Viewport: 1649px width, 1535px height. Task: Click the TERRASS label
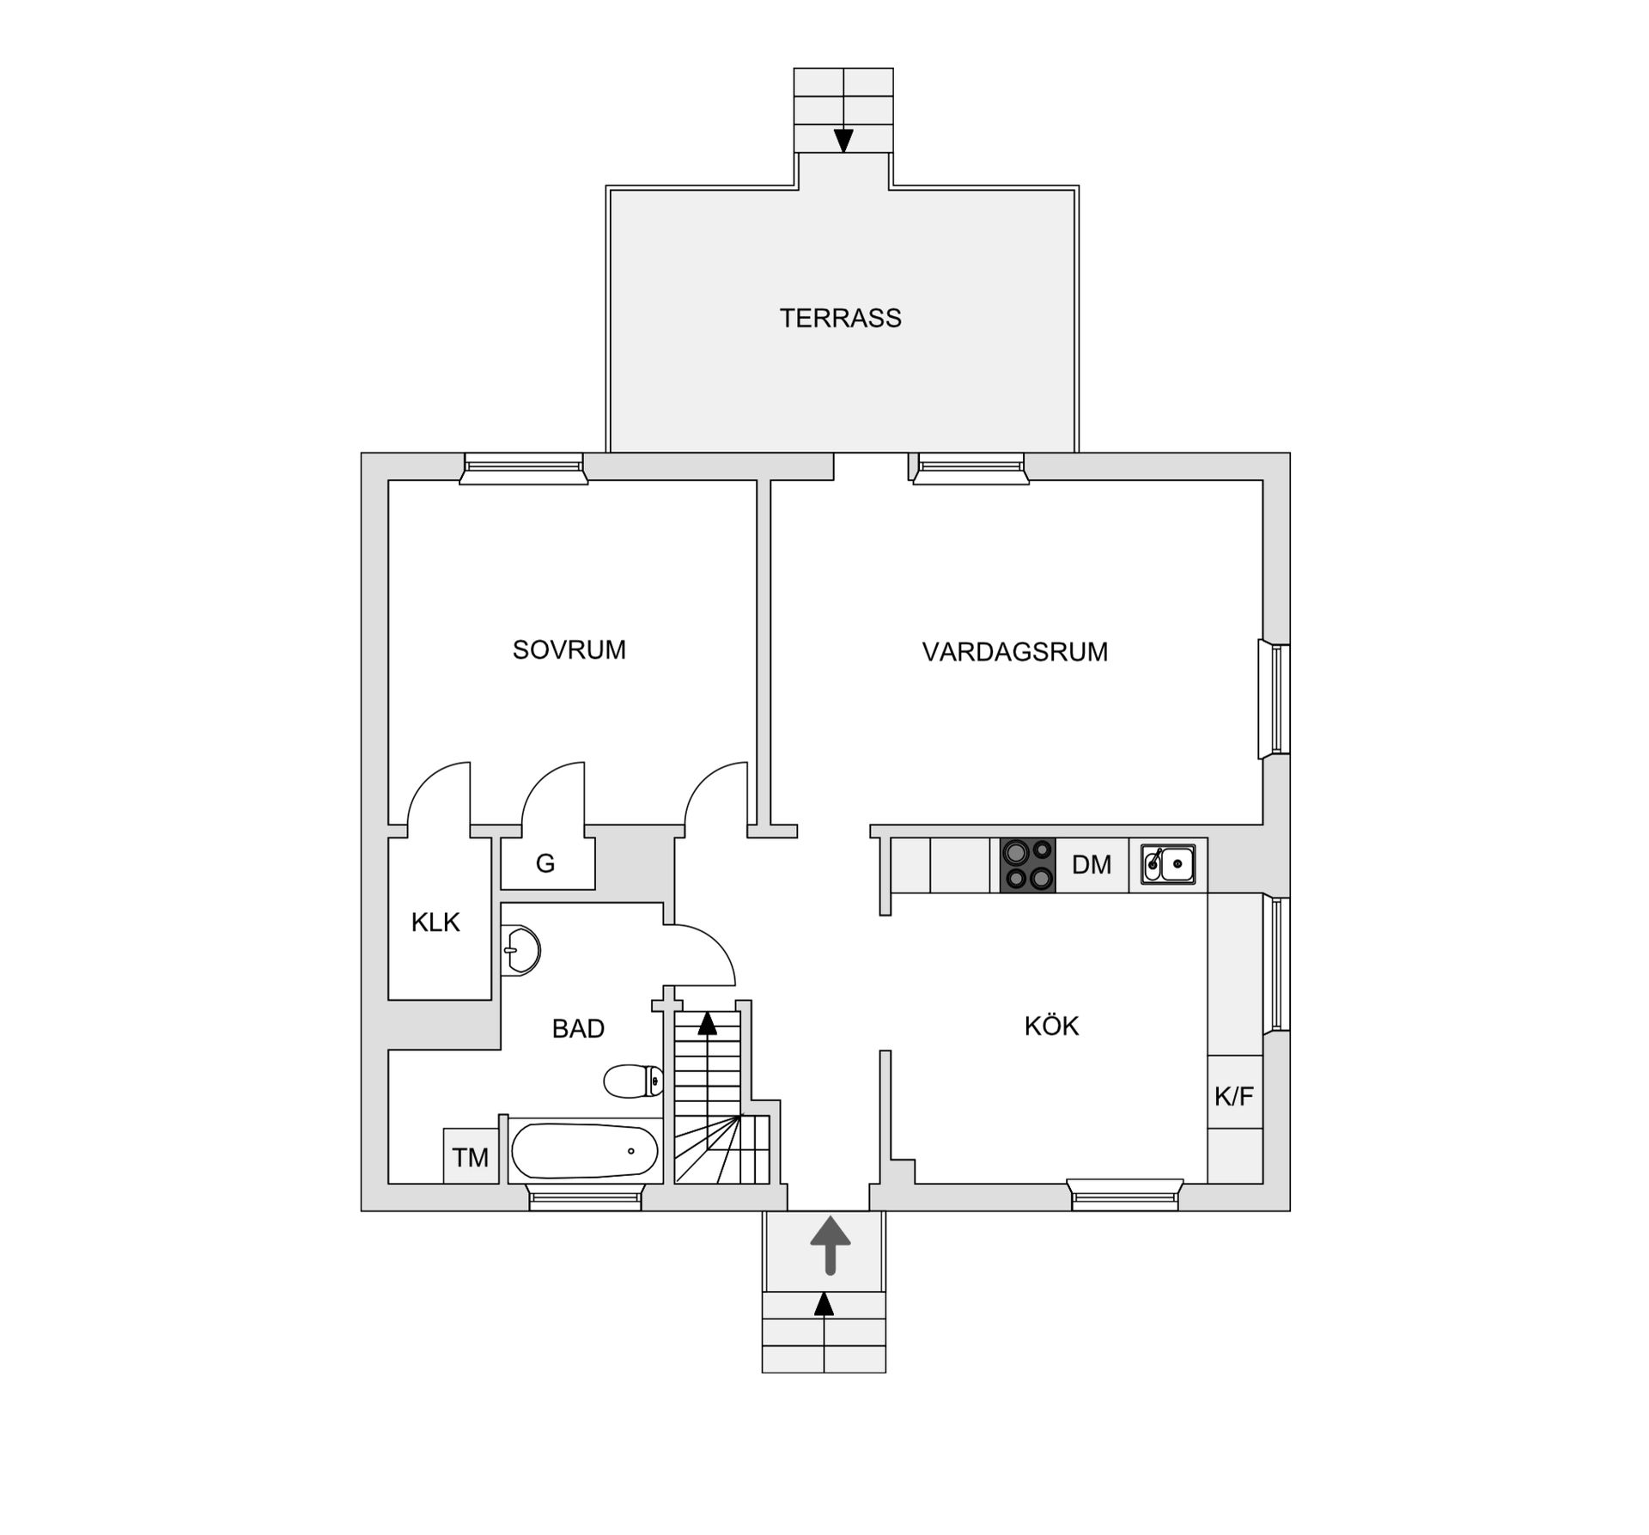point(840,318)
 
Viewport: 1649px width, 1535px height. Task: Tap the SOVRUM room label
point(569,649)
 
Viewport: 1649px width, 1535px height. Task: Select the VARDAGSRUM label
point(1014,652)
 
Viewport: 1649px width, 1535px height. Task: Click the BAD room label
point(578,1028)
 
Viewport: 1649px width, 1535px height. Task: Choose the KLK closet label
point(435,923)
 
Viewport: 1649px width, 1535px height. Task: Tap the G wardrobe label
point(545,863)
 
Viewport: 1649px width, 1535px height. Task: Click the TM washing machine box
point(471,1156)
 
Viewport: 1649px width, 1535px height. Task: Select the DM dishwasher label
point(1092,864)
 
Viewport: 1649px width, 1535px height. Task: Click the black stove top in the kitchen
point(1028,865)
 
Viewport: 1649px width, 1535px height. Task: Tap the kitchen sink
point(1168,864)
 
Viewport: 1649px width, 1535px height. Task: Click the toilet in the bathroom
point(634,1081)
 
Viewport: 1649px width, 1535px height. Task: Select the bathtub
point(584,1151)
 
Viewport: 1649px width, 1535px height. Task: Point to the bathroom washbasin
point(520,950)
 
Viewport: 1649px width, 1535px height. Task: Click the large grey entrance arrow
point(831,1245)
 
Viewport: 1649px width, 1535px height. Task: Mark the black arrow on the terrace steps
point(843,140)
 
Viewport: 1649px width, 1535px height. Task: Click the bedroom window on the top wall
point(524,468)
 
